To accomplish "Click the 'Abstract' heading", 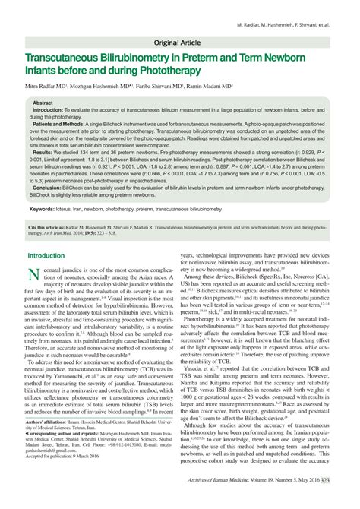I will [x=43, y=102].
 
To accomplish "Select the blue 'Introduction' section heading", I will [x=46, y=256].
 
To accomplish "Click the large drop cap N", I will [x=34, y=275].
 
